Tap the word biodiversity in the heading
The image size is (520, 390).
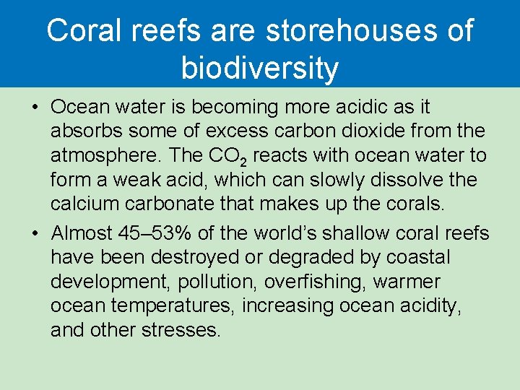pyautogui.click(x=260, y=68)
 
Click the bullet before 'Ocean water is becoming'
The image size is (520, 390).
pyautogui.click(x=35, y=108)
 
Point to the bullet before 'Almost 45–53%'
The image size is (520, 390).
pyautogui.click(x=35, y=233)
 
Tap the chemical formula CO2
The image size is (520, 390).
pyautogui.click(x=230, y=156)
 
